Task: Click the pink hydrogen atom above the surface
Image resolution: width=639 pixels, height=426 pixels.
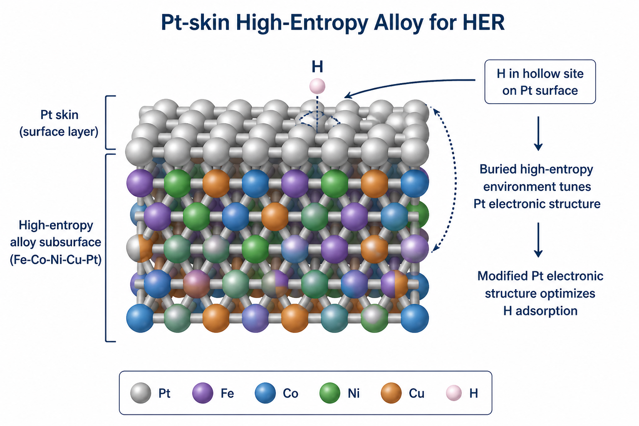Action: click(317, 86)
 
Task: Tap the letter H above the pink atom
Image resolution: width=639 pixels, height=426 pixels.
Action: click(317, 67)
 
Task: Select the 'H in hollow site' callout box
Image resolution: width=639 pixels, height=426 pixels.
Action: click(540, 82)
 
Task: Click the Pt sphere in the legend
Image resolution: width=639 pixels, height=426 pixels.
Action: click(141, 393)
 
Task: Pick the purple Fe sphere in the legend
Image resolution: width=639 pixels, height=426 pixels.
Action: click(203, 393)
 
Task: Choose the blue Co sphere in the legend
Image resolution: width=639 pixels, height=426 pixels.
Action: click(265, 393)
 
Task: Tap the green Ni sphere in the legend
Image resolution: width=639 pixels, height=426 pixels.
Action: click(330, 393)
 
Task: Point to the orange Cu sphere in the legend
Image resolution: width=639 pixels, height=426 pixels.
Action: click(391, 393)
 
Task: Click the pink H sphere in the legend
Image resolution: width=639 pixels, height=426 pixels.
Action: click(454, 393)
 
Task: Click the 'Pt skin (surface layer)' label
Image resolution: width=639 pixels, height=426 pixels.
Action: click(59, 123)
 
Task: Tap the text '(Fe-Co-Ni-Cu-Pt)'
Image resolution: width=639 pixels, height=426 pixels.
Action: click(56, 259)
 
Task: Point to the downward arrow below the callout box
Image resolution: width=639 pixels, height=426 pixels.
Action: click(538, 134)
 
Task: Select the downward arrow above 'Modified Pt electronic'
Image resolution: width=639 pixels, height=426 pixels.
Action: click(538, 240)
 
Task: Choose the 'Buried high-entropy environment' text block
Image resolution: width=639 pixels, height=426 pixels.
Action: click(537, 186)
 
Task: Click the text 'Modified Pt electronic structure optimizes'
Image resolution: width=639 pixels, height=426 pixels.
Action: click(540, 285)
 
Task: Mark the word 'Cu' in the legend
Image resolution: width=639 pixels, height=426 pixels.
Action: click(416, 393)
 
